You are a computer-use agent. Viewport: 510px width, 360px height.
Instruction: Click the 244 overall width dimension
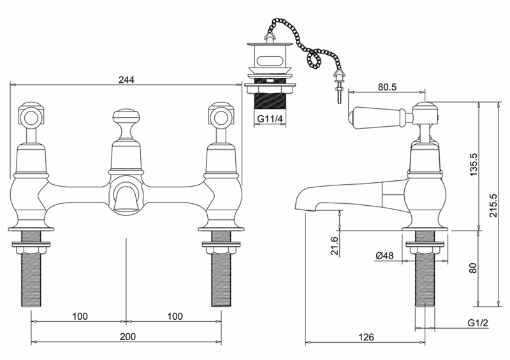tap(126, 80)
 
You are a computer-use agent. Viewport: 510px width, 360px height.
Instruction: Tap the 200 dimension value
tap(127, 336)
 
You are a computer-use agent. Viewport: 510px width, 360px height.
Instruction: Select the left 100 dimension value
tap(80, 317)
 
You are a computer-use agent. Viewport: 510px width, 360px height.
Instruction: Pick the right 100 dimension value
tap(175, 317)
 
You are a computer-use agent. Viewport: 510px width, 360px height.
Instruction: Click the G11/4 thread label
tap(270, 119)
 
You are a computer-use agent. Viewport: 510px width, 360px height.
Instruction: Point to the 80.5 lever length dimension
tap(388, 87)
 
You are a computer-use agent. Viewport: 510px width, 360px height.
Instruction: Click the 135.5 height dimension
tap(474, 165)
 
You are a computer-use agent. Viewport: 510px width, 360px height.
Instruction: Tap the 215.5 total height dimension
tap(493, 206)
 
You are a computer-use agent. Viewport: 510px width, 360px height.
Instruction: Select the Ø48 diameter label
tap(384, 256)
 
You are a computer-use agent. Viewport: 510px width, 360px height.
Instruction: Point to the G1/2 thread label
tap(477, 323)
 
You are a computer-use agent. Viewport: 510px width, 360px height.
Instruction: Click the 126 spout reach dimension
tap(367, 337)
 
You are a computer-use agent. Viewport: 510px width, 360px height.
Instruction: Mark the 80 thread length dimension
tap(474, 268)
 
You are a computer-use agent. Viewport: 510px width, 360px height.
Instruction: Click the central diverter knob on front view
tap(126, 124)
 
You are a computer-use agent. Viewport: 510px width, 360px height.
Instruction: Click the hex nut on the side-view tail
tap(425, 250)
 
